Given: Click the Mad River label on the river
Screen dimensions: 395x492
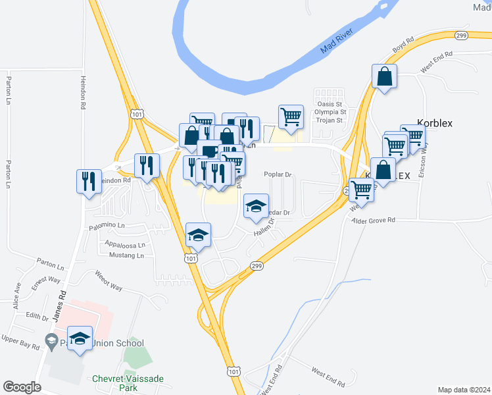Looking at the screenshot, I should [x=338, y=41].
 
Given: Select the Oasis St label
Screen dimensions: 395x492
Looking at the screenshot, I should [x=330, y=104].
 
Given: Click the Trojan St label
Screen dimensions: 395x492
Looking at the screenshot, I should [x=330, y=120].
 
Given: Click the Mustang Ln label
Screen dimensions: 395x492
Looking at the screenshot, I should [x=127, y=255].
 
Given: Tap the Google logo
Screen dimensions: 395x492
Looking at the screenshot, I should [x=21, y=386].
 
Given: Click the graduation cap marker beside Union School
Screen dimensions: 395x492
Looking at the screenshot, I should [x=80, y=338].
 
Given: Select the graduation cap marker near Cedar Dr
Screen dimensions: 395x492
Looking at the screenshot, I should [x=256, y=206].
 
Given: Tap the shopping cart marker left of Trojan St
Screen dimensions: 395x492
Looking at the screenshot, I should [x=291, y=117].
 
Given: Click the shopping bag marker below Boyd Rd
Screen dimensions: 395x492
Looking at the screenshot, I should [x=384, y=76].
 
